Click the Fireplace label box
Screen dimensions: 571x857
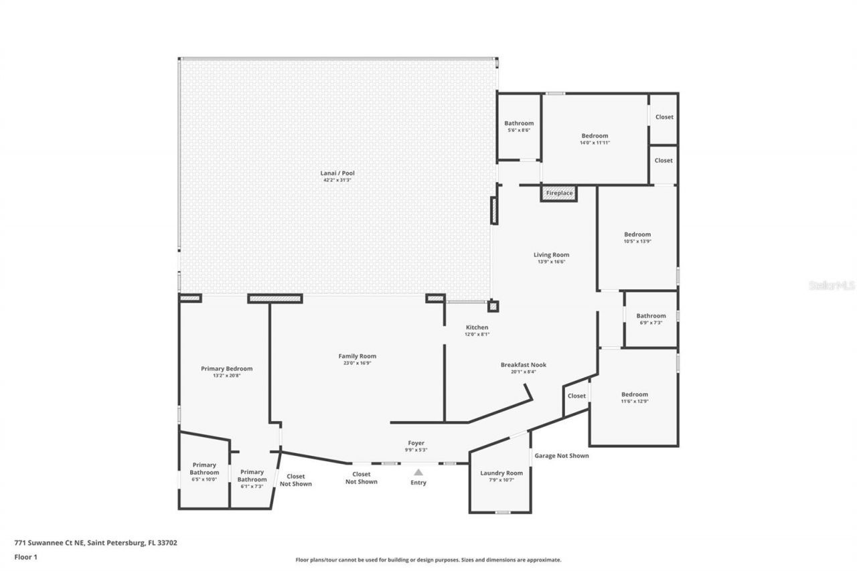tap(559, 193)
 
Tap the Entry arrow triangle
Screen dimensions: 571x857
tap(418, 472)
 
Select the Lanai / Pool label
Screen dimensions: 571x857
tap(337, 173)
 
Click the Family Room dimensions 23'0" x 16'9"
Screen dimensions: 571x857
tap(357, 363)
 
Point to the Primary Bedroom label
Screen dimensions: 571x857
tap(226, 369)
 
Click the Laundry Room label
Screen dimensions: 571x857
tap(501, 473)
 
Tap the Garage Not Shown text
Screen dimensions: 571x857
tap(561, 456)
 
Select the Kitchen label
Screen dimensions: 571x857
tap(477, 327)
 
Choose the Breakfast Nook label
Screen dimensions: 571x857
tap(523, 365)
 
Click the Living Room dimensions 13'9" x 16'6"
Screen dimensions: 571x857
tap(551, 262)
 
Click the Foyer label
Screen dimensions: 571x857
tap(416, 442)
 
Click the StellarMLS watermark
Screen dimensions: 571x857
tap(832, 285)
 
